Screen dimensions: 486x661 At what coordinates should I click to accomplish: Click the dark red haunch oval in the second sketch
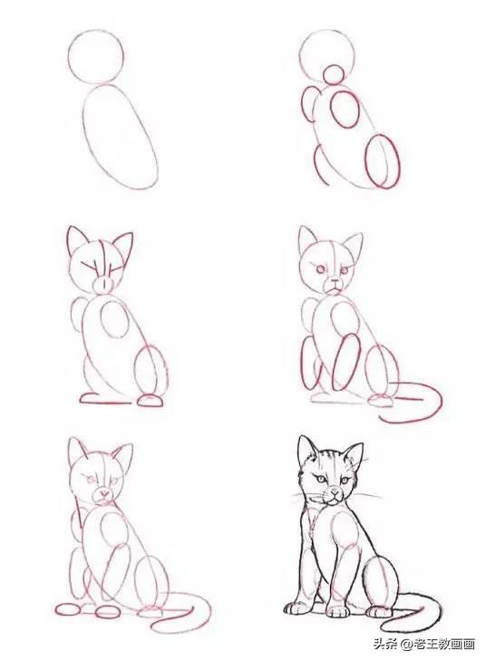point(365,161)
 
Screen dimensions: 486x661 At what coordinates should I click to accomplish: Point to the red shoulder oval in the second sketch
point(331,109)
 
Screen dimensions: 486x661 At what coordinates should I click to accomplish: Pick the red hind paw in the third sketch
point(151,401)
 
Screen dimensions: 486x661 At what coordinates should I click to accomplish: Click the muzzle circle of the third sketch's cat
point(102,285)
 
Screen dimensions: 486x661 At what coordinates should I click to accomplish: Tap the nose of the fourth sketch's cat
point(335,280)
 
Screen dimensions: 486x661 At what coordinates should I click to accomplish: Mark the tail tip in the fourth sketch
point(380,417)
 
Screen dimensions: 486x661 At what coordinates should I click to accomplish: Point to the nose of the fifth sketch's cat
point(103,492)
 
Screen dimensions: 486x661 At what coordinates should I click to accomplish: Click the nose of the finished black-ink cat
point(335,491)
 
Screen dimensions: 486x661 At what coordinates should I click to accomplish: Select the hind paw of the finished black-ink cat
point(378,611)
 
